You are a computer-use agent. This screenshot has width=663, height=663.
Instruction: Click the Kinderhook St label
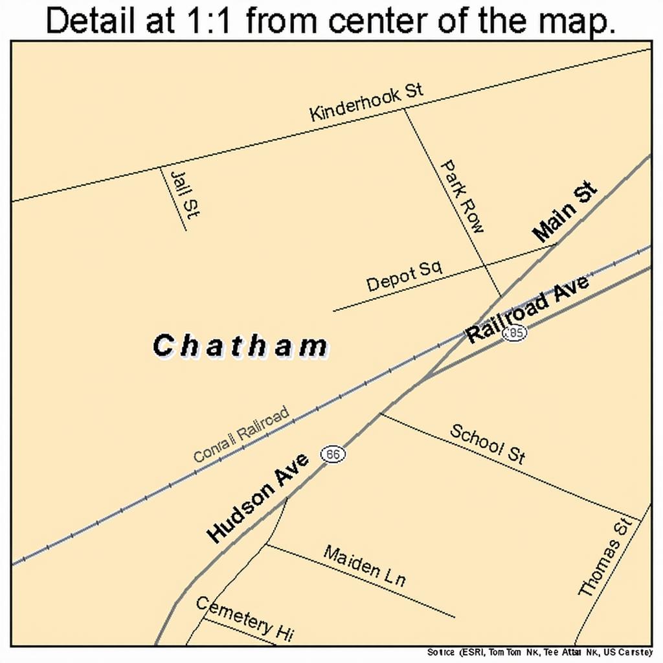pos(366,102)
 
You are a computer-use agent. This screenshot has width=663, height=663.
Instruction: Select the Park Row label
pos(462,197)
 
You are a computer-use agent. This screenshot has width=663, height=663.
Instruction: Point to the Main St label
pos(565,212)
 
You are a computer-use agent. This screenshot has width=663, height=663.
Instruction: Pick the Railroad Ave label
pos(528,309)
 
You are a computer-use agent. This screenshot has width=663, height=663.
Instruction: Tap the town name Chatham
pos(241,346)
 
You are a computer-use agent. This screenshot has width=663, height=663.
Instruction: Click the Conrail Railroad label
pos(242,434)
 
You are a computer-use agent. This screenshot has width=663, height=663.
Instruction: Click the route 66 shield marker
pos(333,455)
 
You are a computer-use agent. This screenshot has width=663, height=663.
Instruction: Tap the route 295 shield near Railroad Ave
pos(515,333)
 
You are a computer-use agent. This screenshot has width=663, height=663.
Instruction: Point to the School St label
pos(488,444)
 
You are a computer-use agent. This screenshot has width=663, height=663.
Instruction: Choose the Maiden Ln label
pos(365,566)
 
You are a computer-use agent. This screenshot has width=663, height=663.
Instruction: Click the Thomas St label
pos(603,557)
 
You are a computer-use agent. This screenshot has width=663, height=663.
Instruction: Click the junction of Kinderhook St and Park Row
pos(405,109)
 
